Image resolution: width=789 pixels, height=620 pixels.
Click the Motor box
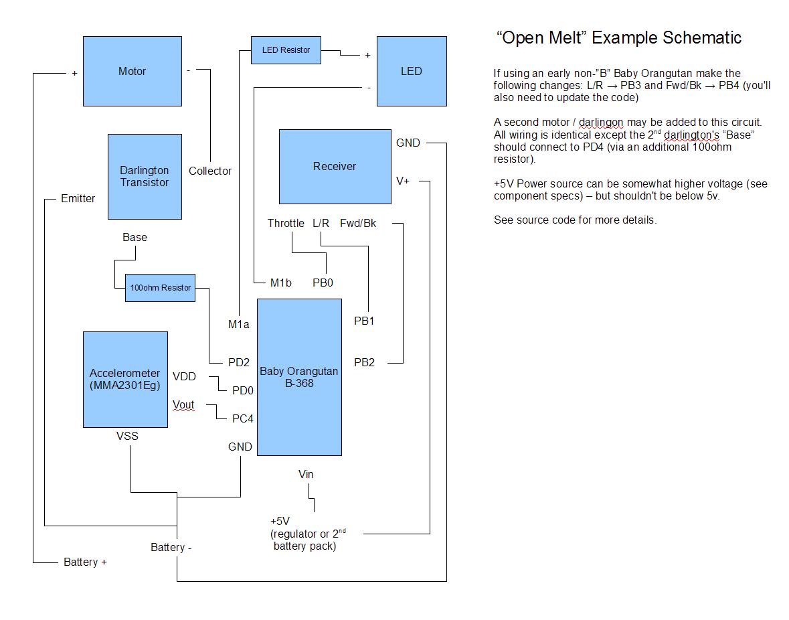[132, 71]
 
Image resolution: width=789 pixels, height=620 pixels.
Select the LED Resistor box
[286, 50]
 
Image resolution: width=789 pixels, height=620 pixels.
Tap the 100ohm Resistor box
[160, 288]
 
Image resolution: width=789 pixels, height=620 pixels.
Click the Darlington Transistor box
[145, 176]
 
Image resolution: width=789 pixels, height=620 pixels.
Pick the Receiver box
[335, 166]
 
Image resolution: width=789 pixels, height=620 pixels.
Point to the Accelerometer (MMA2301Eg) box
[125, 379]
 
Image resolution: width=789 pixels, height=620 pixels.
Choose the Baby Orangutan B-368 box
[299, 377]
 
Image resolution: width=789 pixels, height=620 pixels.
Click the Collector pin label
[209, 171]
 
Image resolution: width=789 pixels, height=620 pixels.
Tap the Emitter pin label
[78, 198]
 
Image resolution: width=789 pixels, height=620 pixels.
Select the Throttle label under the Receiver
[286, 223]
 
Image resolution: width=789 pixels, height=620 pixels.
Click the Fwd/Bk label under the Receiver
[358, 223]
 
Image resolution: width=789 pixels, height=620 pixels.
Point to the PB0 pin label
[323, 283]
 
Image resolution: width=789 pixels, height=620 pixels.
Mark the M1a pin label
[238, 325]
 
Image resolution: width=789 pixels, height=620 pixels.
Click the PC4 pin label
[242, 419]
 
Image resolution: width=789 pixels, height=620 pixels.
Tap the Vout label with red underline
[183, 405]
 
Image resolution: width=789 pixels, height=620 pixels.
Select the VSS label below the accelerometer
[127, 437]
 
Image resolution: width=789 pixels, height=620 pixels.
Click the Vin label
[306, 475]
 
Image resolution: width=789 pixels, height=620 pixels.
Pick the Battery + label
[85, 562]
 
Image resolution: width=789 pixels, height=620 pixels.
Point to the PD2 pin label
[239, 363]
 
